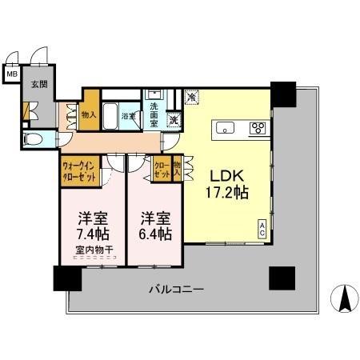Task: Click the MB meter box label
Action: click(11, 74)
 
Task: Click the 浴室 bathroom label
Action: click(127, 116)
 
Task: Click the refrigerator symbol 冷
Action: click(192, 97)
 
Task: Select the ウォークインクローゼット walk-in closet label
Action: click(80, 172)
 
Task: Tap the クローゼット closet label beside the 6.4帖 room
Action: click(162, 170)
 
